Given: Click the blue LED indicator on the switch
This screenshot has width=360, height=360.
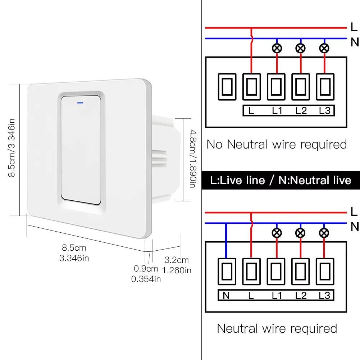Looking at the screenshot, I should click(x=79, y=102).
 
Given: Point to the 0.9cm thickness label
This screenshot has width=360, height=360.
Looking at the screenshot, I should click(x=146, y=268).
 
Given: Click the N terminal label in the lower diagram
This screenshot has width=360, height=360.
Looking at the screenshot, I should click(x=226, y=296).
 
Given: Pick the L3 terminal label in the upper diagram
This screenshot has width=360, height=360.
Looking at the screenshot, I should click(x=324, y=111).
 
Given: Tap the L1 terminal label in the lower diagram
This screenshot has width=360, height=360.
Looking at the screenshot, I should click(x=277, y=296).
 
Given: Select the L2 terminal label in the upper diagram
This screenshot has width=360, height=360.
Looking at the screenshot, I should click(x=301, y=111).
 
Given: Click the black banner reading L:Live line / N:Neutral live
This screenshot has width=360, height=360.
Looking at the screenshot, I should click(x=281, y=180).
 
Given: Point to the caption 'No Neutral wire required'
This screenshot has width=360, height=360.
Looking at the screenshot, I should click(x=277, y=145).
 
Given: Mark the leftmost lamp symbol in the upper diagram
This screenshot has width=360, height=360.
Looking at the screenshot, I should click(x=277, y=48).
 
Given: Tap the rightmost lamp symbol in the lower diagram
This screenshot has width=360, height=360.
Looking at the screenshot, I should click(x=324, y=233).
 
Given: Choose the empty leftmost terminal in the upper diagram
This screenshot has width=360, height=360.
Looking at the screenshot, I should click(x=227, y=86).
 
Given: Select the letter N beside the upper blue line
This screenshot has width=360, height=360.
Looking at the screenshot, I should click(x=354, y=42).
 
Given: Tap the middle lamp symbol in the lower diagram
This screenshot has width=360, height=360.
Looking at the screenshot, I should click(x=301, y=233).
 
